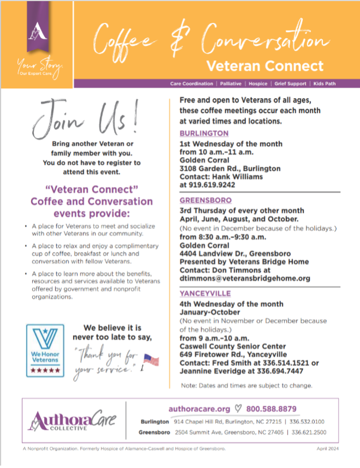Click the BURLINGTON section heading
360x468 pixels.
point(204,134)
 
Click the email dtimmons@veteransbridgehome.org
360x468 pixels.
point(245,278)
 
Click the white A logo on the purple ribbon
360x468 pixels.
point(36,33)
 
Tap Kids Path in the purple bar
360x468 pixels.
point(326,84)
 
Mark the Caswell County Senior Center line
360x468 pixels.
point(233,346)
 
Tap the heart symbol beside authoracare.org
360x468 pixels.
point(237,409)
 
